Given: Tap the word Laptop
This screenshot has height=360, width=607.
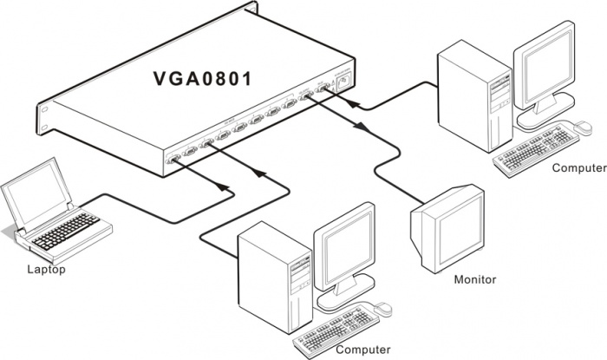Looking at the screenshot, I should (45, 269).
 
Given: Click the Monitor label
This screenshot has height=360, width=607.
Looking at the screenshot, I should (475, 279).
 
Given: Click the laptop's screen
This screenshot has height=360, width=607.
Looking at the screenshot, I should (36, 193).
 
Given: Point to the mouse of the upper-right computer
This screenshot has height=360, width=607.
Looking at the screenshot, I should (578, 127).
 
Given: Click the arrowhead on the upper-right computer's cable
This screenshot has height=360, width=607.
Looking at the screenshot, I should (352, 101).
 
